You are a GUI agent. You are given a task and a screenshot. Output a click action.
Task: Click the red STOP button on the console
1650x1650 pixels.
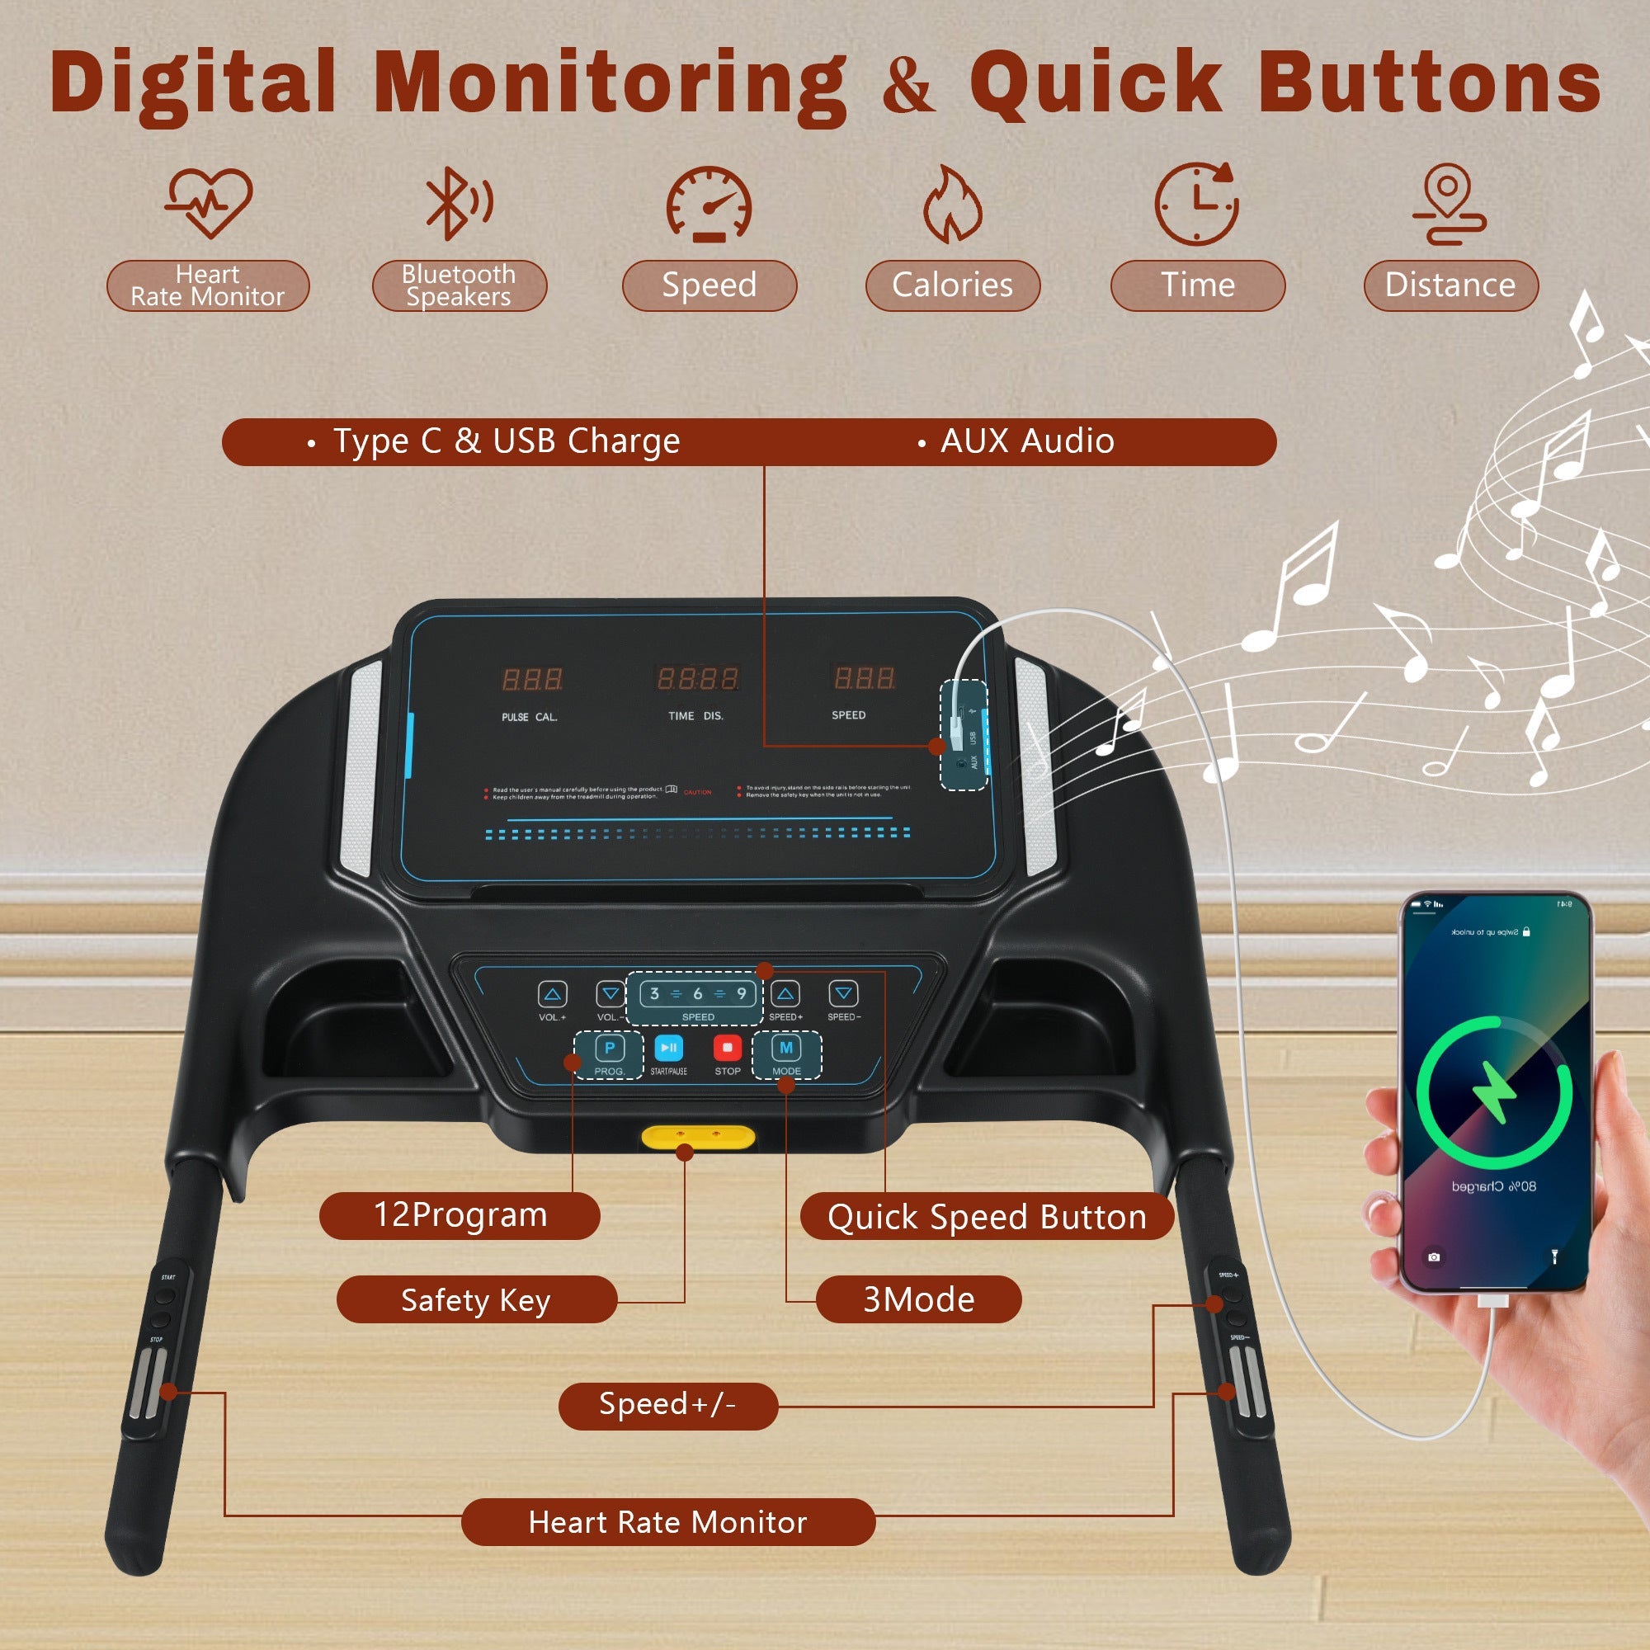pos(727,1048)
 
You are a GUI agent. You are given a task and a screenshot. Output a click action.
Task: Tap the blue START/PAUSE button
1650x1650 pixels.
pos(669,1048)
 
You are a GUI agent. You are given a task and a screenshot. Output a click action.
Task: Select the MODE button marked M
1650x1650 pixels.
pos(785,1048)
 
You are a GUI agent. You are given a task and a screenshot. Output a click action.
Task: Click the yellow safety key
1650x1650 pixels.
pos(698,1138)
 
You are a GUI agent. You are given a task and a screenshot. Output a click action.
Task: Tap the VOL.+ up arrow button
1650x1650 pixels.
pos(553,994)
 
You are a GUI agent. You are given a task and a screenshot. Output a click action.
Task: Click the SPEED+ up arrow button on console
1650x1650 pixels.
pos(785,994)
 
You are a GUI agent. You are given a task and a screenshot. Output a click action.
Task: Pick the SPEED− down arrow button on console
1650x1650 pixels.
pos(844,994)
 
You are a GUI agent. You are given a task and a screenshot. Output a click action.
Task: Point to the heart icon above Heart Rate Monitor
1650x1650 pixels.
pos(209,201)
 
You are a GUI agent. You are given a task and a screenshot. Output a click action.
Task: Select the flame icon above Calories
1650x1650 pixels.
pos(951,205)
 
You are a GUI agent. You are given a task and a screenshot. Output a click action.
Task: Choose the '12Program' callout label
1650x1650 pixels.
pos(460,1215)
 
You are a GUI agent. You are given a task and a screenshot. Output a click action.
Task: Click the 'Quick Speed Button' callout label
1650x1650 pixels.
pos(987,1217)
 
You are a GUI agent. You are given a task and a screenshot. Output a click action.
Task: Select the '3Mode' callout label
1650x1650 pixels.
pos(918,1300)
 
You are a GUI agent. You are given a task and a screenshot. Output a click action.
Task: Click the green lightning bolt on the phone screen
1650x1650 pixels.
pos(1494,1092)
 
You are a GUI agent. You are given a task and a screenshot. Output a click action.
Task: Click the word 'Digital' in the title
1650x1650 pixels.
pos(193,83)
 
